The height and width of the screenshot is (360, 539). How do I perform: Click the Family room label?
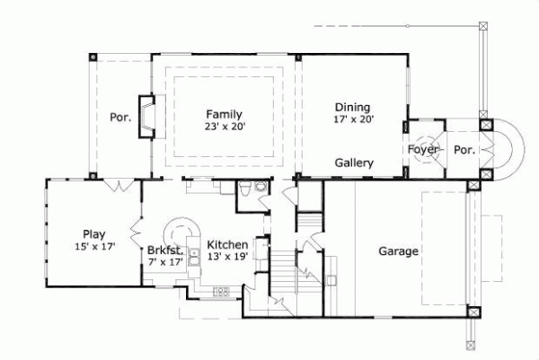coord(224,114)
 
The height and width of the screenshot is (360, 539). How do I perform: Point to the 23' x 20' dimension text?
coord(224,127)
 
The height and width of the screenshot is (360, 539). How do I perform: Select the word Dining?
coord(353,105)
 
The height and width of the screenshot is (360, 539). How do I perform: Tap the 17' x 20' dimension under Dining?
coord(353,118)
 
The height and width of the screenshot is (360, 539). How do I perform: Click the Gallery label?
coord(354,163)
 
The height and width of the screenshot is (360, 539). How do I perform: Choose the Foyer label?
coord(423,149)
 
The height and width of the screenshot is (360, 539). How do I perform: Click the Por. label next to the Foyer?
coord(464,149)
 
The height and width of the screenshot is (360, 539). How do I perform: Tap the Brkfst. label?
coord(166,251)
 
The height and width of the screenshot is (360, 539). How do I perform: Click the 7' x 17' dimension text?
coord(166,264)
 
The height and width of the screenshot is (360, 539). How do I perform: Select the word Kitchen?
coord(227,244)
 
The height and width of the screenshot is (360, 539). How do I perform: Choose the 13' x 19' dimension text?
coord(227,258)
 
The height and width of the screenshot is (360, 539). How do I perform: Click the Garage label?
coord(397,251)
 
